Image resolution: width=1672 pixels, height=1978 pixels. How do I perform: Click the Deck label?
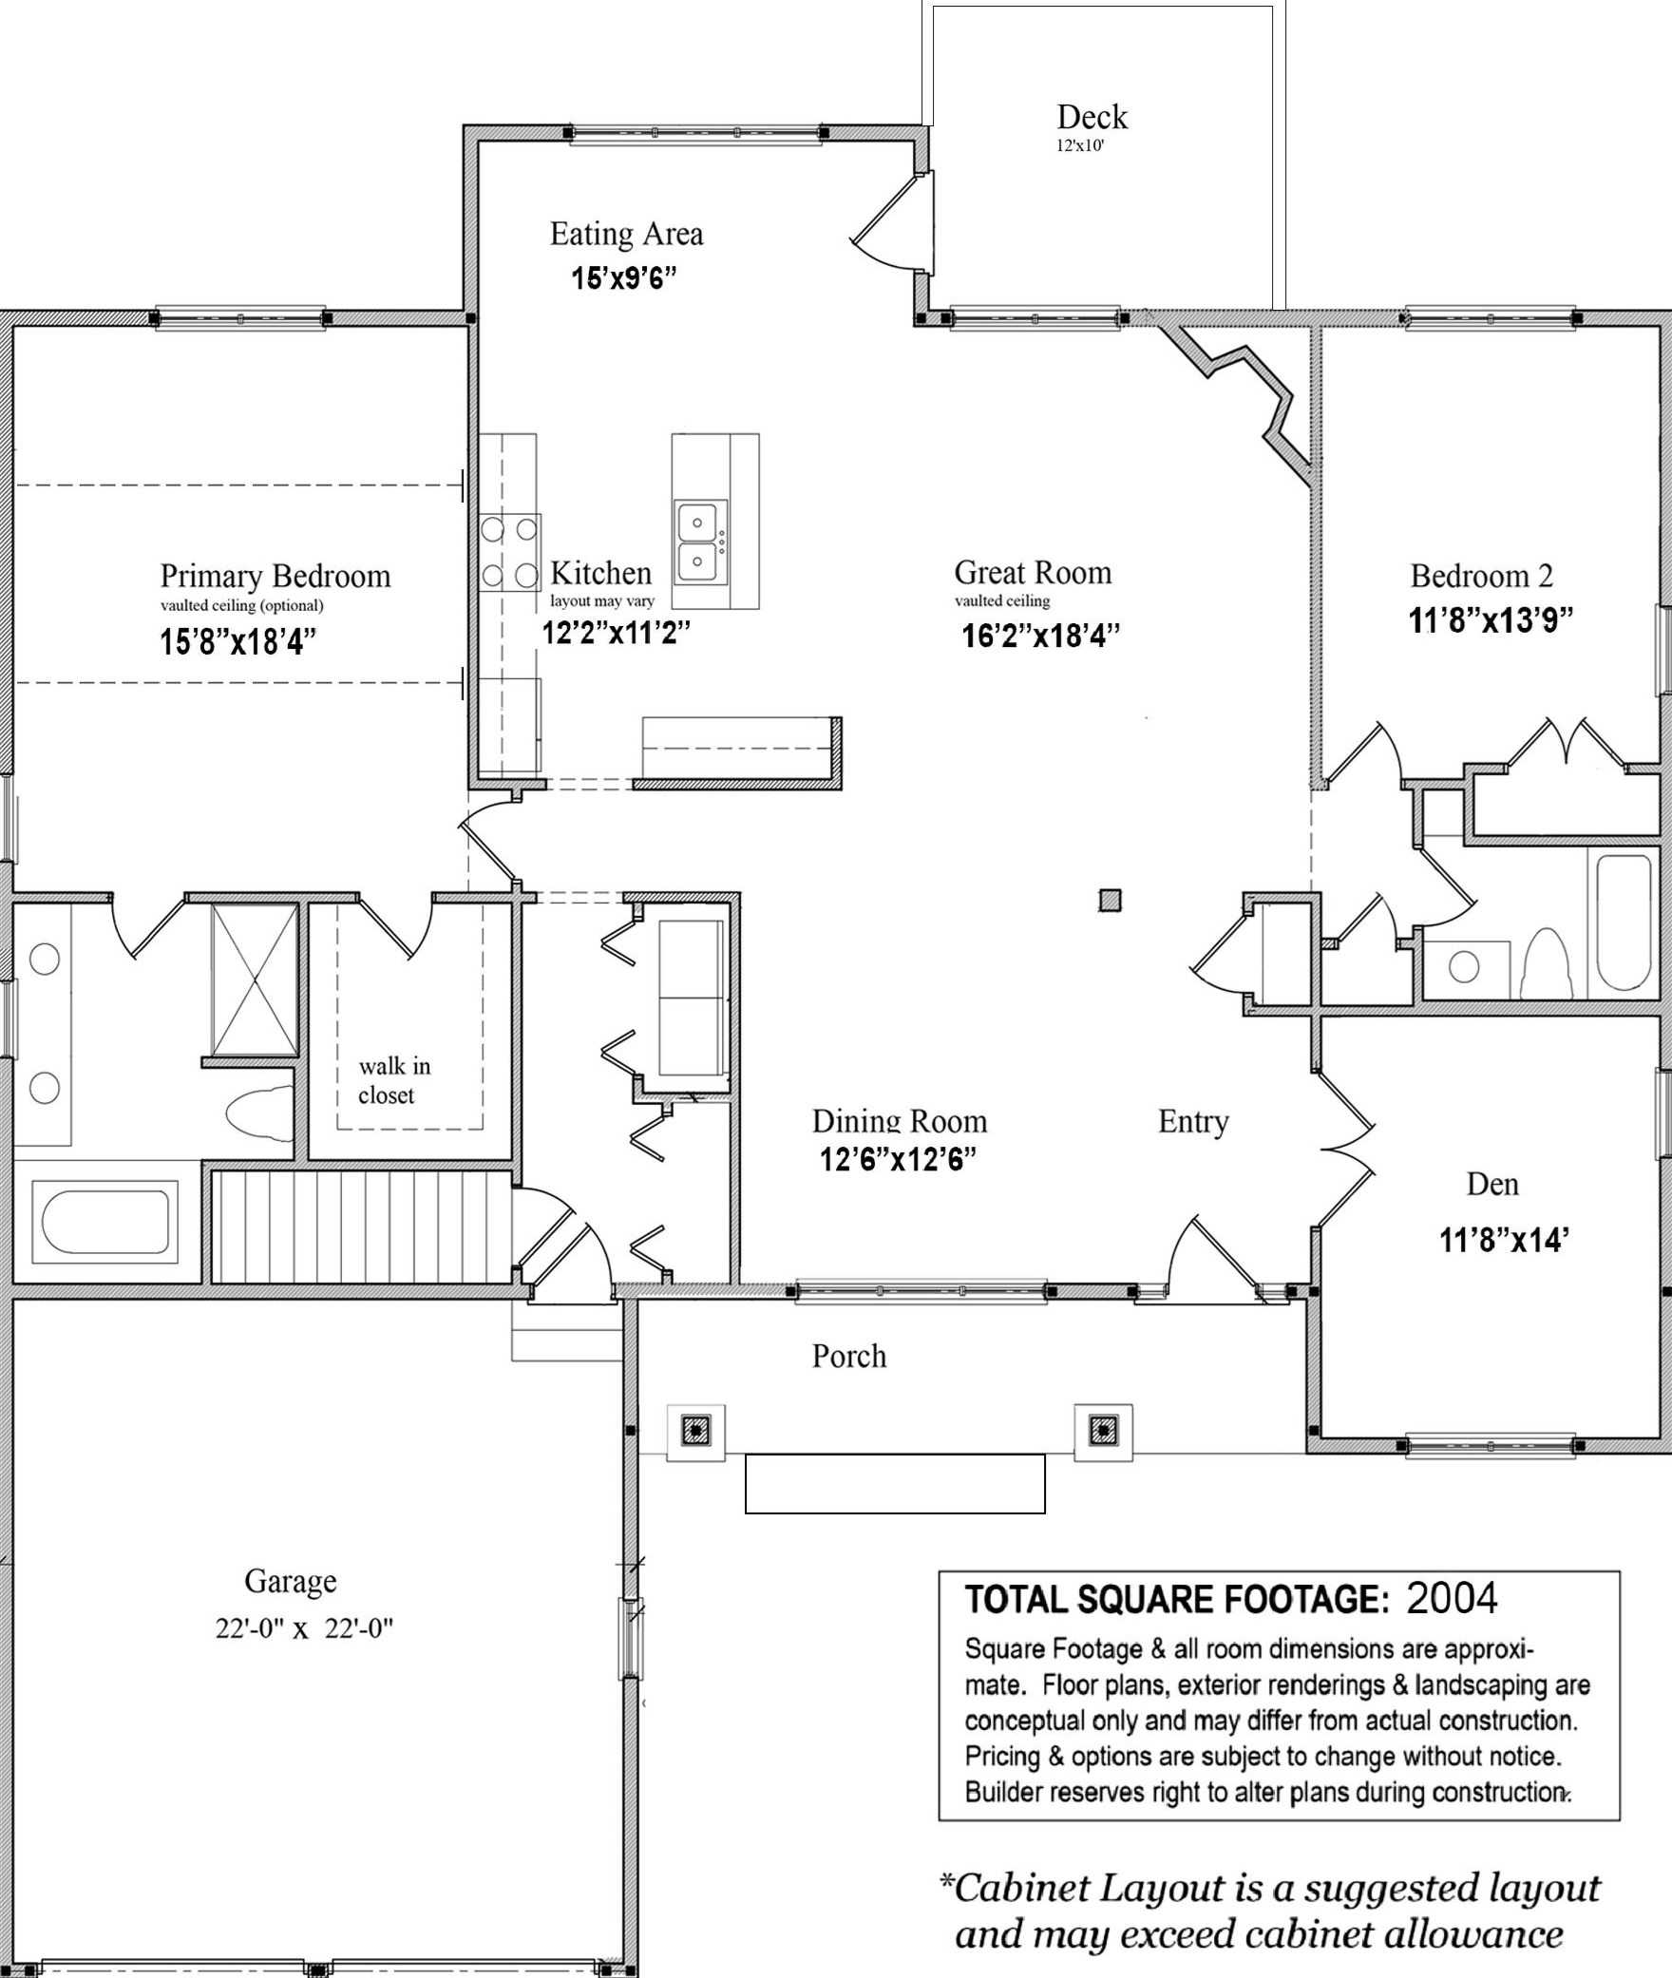click(x=1092, y=117)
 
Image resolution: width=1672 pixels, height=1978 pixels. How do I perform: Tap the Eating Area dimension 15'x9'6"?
click(x=623, y=277)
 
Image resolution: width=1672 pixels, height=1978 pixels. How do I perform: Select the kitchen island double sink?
click(x=701, y=541)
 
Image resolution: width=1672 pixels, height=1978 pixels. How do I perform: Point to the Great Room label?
click(x=1033, y=572)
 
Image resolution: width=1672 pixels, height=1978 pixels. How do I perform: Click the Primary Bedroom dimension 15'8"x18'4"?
click(x=237, y=642)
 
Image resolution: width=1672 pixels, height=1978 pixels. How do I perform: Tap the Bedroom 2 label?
click(x=1481, y=576)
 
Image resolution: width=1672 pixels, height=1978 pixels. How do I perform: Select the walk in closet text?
click(x=394, y=1080)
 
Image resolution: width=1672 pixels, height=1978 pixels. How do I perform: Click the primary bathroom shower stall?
click(x=254, y=979)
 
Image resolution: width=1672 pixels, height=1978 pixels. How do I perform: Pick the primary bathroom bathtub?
click(x=104, y=1221)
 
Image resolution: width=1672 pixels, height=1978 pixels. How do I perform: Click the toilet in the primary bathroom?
click(x=259, y=1113)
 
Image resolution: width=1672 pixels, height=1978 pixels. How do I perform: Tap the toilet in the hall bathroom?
click(x=1547, y=962)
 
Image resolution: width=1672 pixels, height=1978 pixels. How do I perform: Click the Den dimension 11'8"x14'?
click(x=1504, y=1240)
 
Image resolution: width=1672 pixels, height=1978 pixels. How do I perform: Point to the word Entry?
click(x=1193, y=1122)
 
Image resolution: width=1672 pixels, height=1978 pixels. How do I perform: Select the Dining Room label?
click(x=900, y=1121)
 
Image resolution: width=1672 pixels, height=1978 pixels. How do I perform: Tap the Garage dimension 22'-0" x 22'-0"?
click(x=304, y=1627)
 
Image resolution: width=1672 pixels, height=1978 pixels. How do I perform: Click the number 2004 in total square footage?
click(x=1452, y=1598)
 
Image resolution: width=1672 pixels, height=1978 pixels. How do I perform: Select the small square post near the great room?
click(x=1110, y=900)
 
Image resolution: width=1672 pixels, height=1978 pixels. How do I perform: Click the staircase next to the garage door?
click(x=361, y=1227)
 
